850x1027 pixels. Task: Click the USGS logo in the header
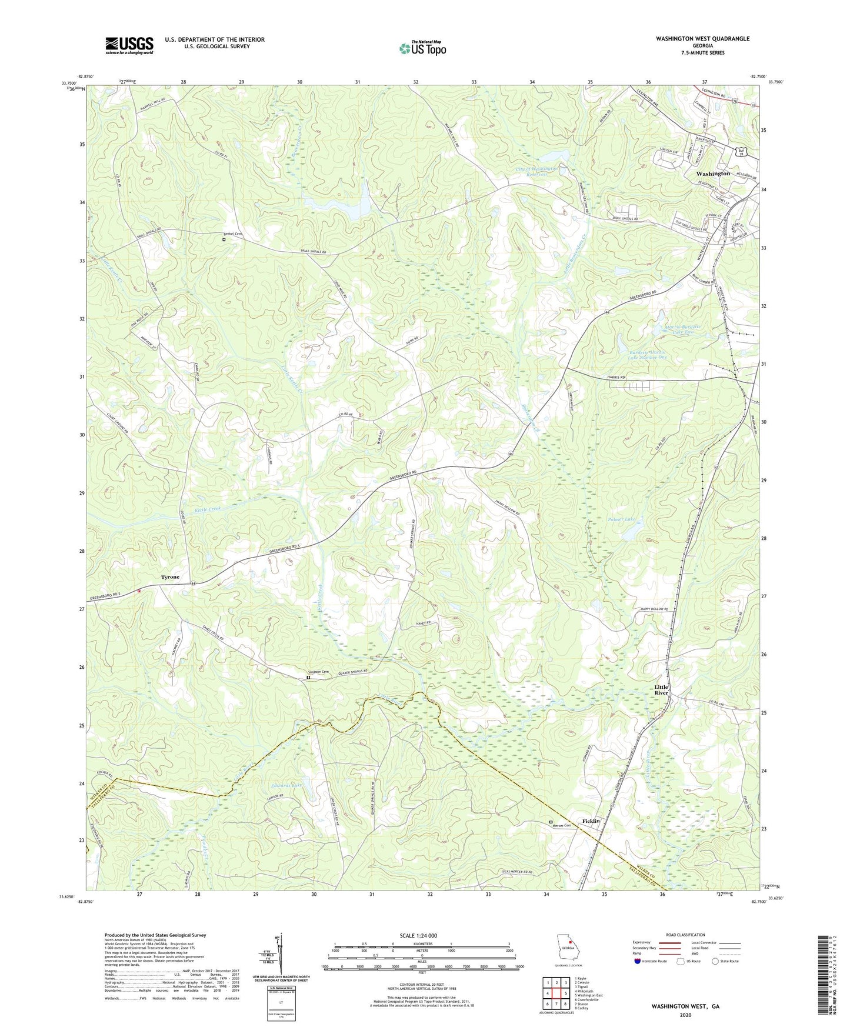tap(129, 45)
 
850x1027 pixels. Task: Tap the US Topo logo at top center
tap(422, 48)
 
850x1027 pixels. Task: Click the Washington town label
tap(713, 174)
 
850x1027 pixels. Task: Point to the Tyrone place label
tap(171, 577)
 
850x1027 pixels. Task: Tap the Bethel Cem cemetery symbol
tap(224, 239)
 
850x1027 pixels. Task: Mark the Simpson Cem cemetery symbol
tap(308, 678)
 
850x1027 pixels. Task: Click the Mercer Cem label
tap(563, 826)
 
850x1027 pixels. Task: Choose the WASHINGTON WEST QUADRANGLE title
tap(702, 39)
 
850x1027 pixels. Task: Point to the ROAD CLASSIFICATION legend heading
tap(685, 935)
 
